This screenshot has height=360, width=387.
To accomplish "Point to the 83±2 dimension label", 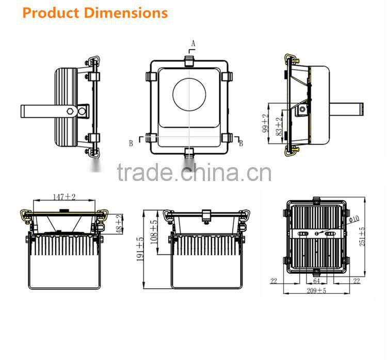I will pos(279,126).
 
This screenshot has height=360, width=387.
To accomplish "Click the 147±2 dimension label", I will pos(64,197).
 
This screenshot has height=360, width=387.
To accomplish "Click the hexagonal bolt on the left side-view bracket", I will pos(70,111).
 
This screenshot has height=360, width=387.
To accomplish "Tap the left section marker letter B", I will pos(131,143).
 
